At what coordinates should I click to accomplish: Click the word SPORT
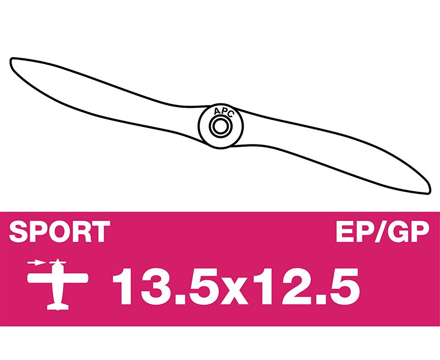59,231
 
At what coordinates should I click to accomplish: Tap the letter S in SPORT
19,231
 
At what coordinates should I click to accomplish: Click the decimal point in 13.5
173,300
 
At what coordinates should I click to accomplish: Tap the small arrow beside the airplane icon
36,263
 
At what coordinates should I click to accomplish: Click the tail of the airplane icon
58,306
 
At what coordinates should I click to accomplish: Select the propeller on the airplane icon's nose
58,263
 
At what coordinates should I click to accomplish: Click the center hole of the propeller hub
221,126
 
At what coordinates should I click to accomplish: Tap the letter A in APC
217,112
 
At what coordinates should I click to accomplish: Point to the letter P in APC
223,111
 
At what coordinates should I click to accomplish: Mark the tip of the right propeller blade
430,192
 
